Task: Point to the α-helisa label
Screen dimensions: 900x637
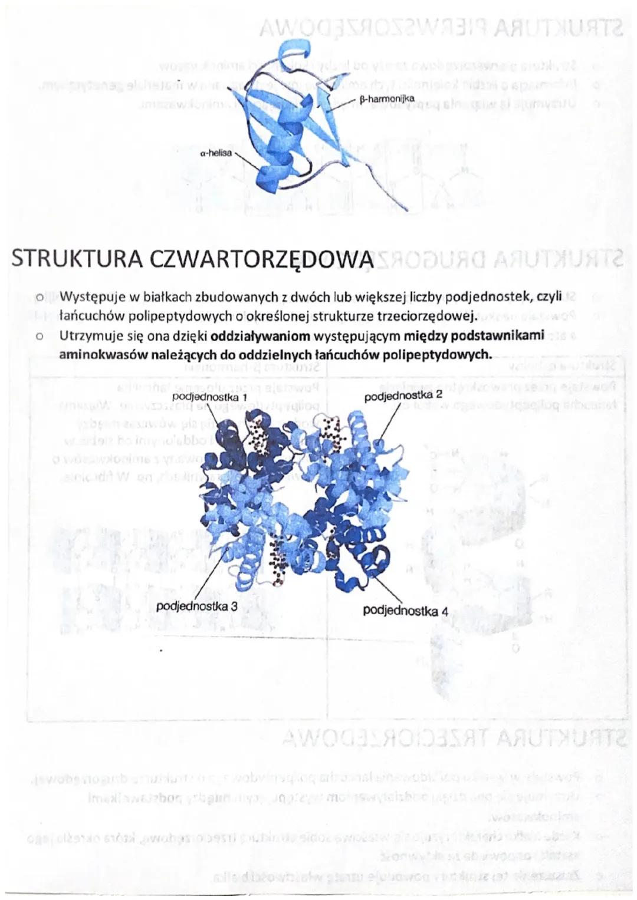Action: pyautogui.click(x=215, y=153)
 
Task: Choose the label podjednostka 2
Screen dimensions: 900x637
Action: pyautogui.click(x=403, y=395)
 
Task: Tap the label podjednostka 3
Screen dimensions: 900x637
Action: pyautogui.click(x=197, y=606)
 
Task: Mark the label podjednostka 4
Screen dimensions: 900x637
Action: pyautogui.click(x=405, y=611)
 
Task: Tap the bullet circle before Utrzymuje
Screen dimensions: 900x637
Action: pyautogui.click(x=39, y=338)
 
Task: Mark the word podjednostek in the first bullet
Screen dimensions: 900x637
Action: pyautogui.click(x=487, y=296)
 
